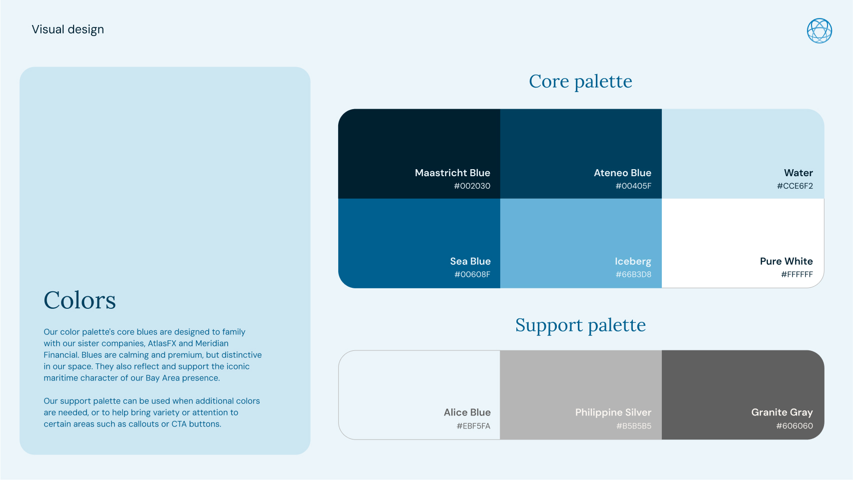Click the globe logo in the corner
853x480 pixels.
coord(819,31)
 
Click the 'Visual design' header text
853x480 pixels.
coord(68,30)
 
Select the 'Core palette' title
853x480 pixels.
coord(580,82)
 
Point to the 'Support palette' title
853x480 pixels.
coord(580,325)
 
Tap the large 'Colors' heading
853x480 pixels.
coord(80,300)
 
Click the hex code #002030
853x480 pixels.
coord(472,186)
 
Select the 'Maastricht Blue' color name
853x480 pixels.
coord(452,173)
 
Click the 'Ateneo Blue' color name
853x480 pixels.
coord(622,173)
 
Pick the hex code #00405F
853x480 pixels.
coord(633,186)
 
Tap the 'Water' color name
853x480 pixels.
coord(798,173)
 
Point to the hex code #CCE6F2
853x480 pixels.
coord(795,186)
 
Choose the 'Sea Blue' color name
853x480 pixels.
coord(470,261)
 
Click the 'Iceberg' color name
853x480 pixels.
coord(633,261)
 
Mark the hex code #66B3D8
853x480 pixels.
coord(633,274)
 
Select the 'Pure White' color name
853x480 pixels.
coord(786,261)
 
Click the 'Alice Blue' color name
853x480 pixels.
coord(467,412)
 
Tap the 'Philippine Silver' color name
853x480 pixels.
coord(613,412)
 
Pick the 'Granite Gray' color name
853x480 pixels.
coord(782,412)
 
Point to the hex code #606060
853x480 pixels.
coord(794,426)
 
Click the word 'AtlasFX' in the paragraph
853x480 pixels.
coord(162,344)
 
